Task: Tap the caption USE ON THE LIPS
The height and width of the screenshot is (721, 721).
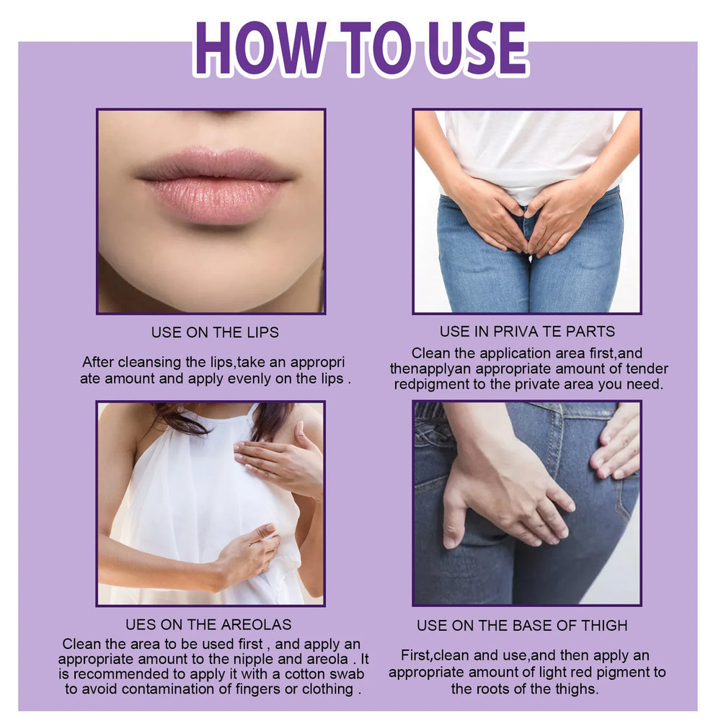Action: click(215, 332)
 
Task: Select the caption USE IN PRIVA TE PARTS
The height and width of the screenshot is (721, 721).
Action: click(527, 332)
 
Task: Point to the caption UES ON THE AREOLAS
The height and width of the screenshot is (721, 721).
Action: click(208, 624)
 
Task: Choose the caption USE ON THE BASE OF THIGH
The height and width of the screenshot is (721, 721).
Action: click(522, 625)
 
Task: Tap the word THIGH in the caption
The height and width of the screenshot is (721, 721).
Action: click(604, 625)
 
